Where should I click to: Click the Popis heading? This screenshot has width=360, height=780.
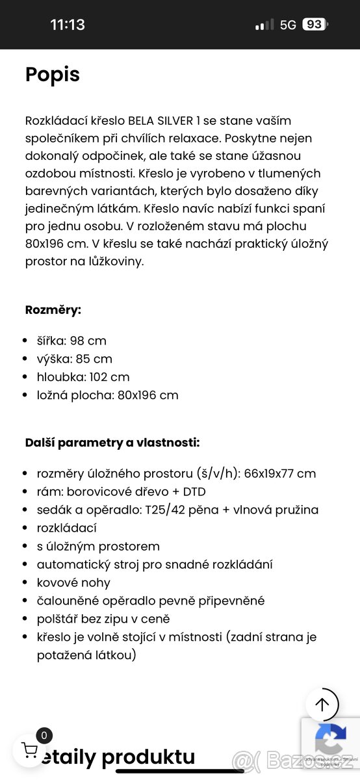point(53,75)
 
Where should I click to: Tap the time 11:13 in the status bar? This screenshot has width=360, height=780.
point(68,25)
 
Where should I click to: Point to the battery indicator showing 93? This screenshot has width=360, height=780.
point(315,25)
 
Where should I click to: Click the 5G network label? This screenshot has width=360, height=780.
point(288,25)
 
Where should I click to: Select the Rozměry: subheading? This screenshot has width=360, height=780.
point(53,309)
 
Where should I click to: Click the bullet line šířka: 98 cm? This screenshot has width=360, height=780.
point(71,341)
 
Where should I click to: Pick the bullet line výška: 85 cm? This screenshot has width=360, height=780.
point(74,359)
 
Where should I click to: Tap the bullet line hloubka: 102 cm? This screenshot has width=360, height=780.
point(83,377)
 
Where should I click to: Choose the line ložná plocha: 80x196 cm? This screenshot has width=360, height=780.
point(107,395)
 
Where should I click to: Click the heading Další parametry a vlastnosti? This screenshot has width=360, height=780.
point(112,443)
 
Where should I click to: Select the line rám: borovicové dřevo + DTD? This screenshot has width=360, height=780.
point(121,492)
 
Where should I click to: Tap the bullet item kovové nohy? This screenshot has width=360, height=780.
point(73,583)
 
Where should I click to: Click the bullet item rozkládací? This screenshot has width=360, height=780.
point(67,528)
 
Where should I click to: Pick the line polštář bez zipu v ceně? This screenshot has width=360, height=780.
point(103,619)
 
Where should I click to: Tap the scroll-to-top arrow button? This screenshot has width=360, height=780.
point(322,704)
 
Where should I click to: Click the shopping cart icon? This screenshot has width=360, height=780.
point(30,749)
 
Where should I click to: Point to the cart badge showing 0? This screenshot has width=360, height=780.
point(44,736)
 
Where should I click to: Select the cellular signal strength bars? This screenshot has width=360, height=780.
point(264,25)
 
